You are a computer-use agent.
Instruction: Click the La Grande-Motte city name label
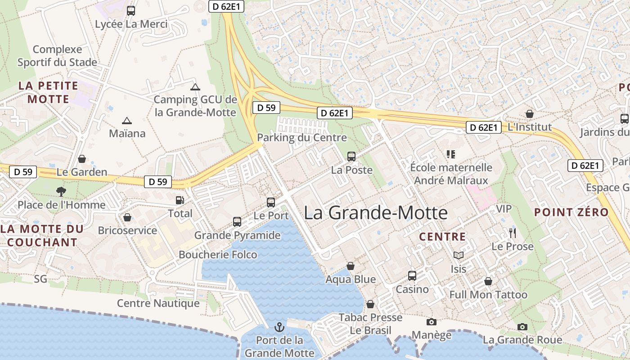click(x=376, y=213)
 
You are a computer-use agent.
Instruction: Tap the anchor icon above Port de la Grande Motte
click(x=279, y=327)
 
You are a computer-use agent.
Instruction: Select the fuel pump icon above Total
click(x=180, y=200)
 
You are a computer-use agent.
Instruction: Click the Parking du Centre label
click(x=302, y=138)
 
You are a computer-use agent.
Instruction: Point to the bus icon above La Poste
click(x=351, y=157)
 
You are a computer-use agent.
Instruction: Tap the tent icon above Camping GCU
click(x=195, y=87)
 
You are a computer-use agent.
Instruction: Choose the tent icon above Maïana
click(x=127, y=121)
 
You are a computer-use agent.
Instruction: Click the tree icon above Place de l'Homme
click(x=61, y=192)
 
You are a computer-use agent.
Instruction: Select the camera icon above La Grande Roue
click(x=522, y=327)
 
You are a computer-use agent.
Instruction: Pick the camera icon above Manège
click(x=431, y=322)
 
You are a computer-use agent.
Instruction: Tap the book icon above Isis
click(x=458, y=256)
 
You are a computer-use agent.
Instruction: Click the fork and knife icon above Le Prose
click(x=512, y=233)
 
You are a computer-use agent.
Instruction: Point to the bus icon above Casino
click(x=412, y=276)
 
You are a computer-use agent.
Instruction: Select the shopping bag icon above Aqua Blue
click(x=350, y=266)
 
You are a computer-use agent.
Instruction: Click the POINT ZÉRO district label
click(x=571, y=212)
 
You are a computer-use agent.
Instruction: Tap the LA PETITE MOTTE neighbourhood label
click(x=48, y=92)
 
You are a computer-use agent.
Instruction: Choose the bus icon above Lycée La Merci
click(x=131, y=11)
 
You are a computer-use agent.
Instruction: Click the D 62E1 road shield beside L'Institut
click(x=483, y=127)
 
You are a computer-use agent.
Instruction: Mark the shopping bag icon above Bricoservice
click(x=127, y=218)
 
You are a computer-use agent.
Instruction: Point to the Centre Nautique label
click(x=158, y=303)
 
